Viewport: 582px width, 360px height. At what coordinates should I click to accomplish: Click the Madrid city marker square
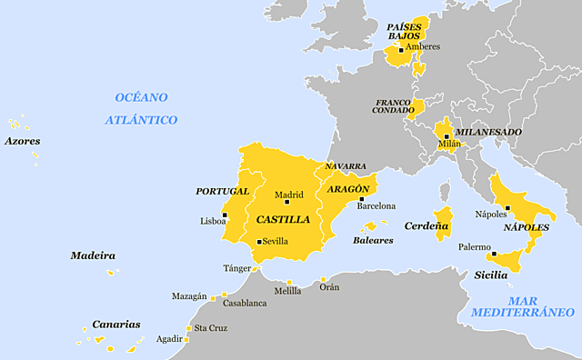click(286, 202)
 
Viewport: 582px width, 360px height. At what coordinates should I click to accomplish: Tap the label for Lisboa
click(213, 221)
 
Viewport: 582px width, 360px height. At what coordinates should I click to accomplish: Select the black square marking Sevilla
click(259, 242)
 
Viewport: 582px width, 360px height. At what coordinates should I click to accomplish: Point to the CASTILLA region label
click(283, 220)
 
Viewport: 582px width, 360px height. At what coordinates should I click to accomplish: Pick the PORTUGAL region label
click(222, 191)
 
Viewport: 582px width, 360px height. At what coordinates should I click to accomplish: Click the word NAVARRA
click(346, 166)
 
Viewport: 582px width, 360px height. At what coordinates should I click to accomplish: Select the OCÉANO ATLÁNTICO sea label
click(141, 108)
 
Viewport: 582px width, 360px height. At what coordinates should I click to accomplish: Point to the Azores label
click(22, 141)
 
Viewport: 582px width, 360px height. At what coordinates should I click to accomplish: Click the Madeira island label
click(93, 255)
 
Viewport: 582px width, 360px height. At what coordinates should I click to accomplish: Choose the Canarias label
click(116, 324)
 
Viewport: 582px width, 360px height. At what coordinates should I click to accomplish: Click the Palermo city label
click(474, 247)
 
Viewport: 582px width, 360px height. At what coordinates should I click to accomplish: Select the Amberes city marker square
click(401, 50)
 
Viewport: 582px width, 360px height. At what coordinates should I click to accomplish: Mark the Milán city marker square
click(447, 135)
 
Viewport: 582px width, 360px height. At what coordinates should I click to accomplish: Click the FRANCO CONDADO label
click(392, 105)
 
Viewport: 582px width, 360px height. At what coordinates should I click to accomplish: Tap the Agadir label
click(168, 339)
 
